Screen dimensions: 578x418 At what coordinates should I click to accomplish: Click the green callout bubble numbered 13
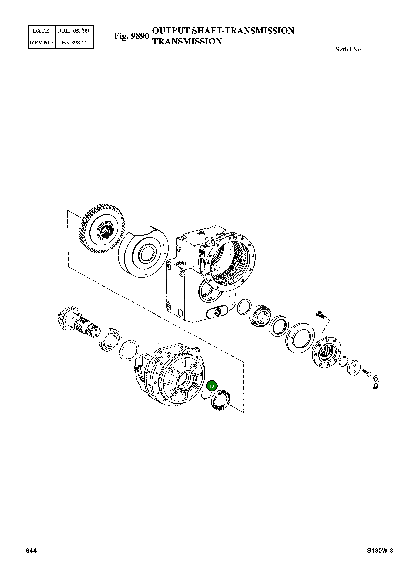tap(211, 386)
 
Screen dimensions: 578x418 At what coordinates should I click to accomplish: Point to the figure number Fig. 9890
tap(131, 36)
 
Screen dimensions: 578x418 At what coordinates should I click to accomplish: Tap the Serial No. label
tap(350, 50)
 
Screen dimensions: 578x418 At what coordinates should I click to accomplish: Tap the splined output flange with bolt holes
tap(326, 352)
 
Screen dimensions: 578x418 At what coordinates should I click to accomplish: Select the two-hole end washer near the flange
tap(354, 368)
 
